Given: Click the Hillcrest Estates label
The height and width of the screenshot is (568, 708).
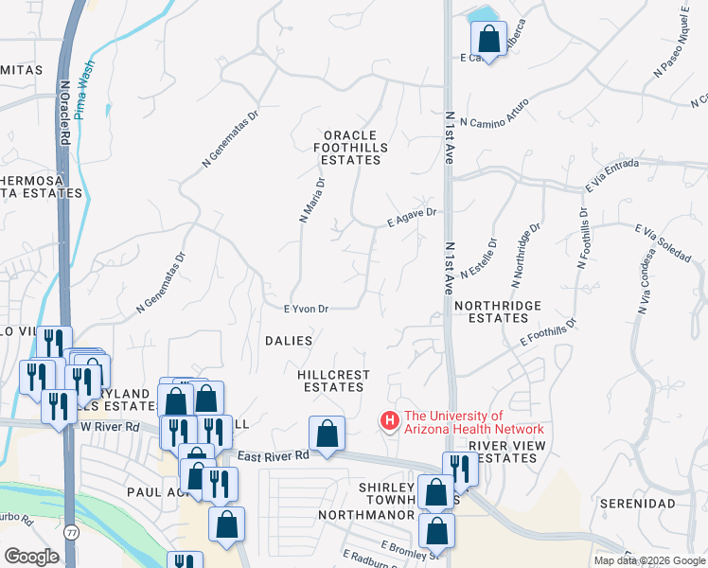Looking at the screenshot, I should (333, 381).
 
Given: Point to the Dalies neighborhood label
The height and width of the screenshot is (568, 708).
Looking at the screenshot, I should (289, 340).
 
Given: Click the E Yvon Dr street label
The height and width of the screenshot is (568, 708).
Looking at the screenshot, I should (306, 309).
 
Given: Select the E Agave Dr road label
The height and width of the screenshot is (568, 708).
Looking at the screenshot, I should (411, 218).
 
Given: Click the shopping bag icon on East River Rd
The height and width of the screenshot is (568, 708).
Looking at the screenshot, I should (327, 434).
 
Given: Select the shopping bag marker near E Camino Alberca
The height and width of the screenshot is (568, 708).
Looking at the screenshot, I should (489, 39).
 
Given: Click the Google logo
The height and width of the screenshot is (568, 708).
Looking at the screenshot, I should (32, 556).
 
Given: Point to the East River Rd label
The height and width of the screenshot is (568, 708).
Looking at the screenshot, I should (273, 455).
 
